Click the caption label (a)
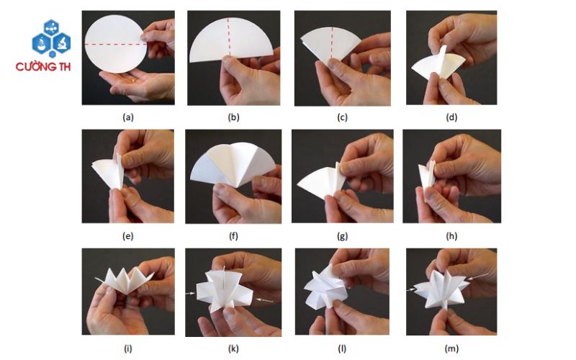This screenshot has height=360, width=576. tap(128, 117)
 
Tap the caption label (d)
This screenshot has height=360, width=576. tap(451, 117)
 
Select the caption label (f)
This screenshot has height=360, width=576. tap(233, 236)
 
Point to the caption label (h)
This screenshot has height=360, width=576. tap(451, 236)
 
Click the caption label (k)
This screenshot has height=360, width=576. tap(233, 348)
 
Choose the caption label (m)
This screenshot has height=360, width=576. tap(451, 348)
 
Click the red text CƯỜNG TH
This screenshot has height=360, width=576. tap(43, 67)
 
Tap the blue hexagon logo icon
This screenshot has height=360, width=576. tap(51, 39)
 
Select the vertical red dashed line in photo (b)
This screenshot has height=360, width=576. tap(228, 37)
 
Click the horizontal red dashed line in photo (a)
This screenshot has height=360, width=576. tap(115, 45)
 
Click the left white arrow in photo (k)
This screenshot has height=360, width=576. tap(190, 294)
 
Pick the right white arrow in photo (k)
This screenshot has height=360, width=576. tap(264, 300)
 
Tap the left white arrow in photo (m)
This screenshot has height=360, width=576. tap(410, 290)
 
